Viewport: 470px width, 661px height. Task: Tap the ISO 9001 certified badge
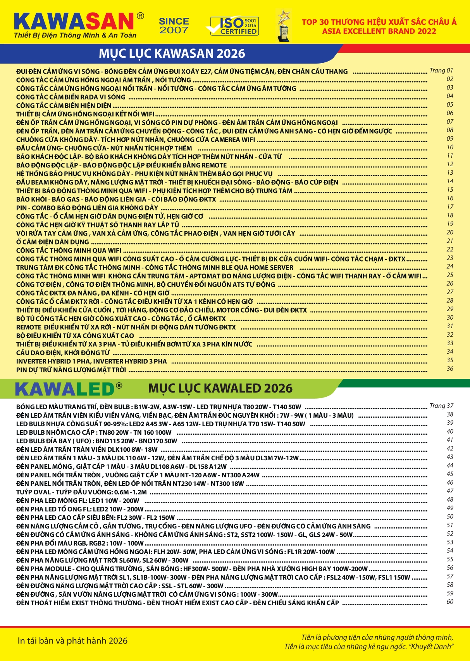[x=234, y=26]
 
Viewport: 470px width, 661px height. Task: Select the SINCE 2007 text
[x=174, y=26]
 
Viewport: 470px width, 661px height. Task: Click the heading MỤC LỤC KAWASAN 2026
[x=172, y=53]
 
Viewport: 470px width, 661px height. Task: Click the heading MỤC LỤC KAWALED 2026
[x=220, y=388]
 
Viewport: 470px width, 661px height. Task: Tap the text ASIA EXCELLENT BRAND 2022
[x=379, y=31]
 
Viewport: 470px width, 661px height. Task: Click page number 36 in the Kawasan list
[x=449, y=369]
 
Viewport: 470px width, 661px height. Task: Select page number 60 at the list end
[x=449, y=602]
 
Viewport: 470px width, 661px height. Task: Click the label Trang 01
[x=441, y=71]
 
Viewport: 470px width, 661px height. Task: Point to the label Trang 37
[x=441, y=406]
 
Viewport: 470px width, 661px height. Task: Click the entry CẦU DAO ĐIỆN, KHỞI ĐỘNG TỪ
[x=63, y=353]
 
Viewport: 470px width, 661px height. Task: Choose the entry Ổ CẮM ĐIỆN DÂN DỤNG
[x=52, y=242]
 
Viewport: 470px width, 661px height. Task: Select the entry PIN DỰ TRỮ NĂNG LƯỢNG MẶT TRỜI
[x=71, y=370]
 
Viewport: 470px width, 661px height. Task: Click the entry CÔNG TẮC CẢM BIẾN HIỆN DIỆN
[x=64, y=105]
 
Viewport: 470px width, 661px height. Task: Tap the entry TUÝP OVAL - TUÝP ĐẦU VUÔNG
[x=81, y=492]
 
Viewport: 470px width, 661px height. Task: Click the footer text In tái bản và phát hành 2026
[x=72, y=641]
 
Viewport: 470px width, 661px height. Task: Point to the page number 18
[x=449, y=215]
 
